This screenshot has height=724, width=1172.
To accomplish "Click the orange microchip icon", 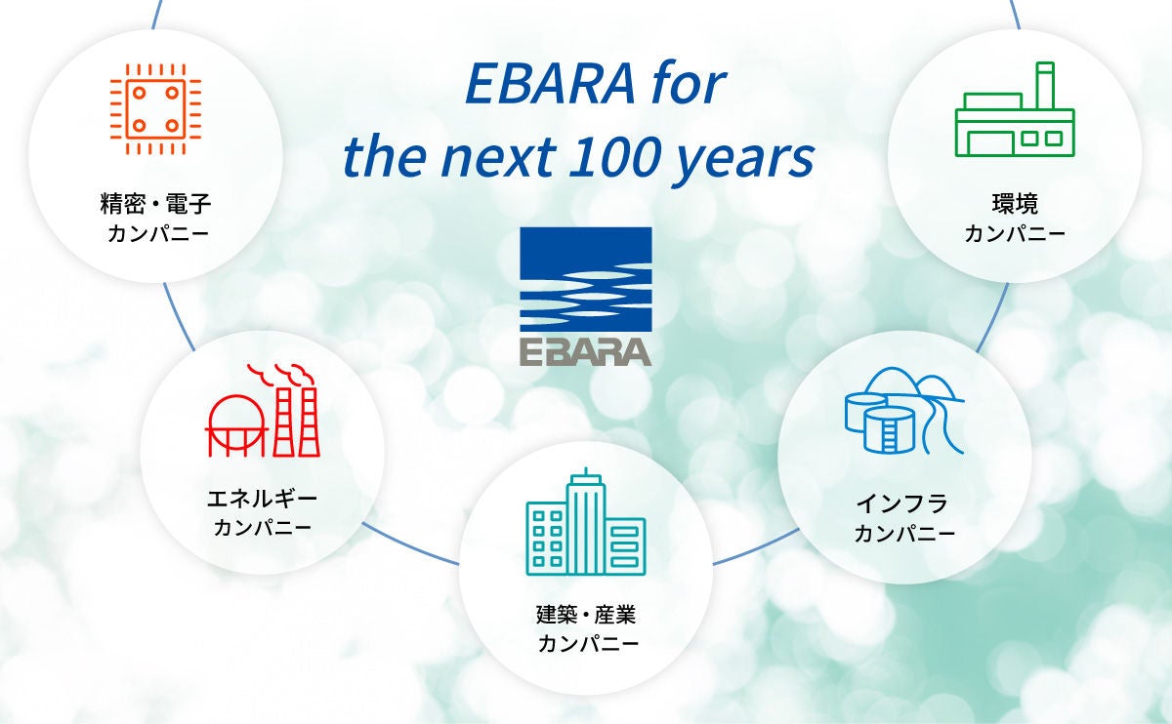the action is pos(155,109).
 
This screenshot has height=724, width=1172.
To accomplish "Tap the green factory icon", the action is pos(1015,109).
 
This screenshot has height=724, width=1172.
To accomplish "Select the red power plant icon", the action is pos(263,411).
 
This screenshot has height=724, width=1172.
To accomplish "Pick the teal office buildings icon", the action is pos(585,522).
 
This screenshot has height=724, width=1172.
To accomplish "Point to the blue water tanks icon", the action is pos(904,411).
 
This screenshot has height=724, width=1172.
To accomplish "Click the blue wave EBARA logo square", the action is pos(585,279).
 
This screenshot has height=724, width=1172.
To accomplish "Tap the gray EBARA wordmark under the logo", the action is pos(585,352).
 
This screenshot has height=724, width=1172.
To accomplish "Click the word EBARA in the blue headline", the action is pos(550,84).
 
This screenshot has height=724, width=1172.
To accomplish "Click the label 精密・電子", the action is pos(155,203).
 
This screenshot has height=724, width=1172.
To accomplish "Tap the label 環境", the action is pos(1015,203).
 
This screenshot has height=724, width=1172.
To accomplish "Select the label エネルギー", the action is pos(262,499).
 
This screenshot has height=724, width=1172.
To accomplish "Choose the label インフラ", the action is pos(903,503).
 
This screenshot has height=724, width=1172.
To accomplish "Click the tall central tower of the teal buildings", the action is pos(586,523).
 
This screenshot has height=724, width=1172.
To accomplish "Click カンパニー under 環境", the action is pos(1015,233).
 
